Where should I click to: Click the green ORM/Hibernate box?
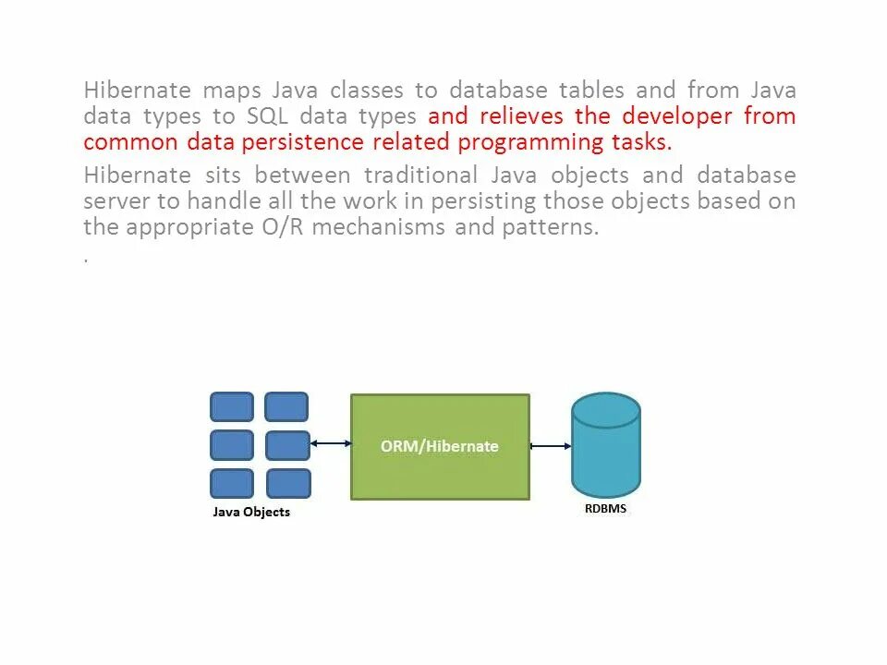coord(440,447)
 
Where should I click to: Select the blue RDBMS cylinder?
coord(606,445)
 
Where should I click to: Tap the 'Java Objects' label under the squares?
coord(251,512)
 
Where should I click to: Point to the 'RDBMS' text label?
coord(606,508)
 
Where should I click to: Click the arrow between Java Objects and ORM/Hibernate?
coord(331,444)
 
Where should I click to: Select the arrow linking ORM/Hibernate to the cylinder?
coord(551,446)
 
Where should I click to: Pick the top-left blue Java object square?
coord(232,407)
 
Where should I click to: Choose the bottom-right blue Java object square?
coord(288,483)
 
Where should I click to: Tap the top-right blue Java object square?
coord(286,407)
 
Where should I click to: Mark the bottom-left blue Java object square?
coord(232,483)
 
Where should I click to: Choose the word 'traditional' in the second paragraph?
coord(420,175)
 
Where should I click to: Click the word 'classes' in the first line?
coord(367,91)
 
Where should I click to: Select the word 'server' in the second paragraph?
coord(110,201)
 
